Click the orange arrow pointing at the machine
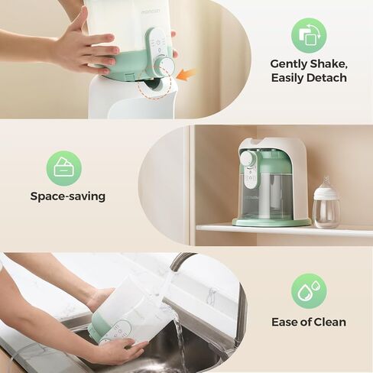coord(187,74)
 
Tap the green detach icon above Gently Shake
coord(309,35)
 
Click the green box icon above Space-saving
coord(64,168)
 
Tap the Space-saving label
coord(68,196)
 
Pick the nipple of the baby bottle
coord(326,183)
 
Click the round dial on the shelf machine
coord(248,159)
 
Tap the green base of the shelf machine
coord(271,222)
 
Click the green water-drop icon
coord(309,291)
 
